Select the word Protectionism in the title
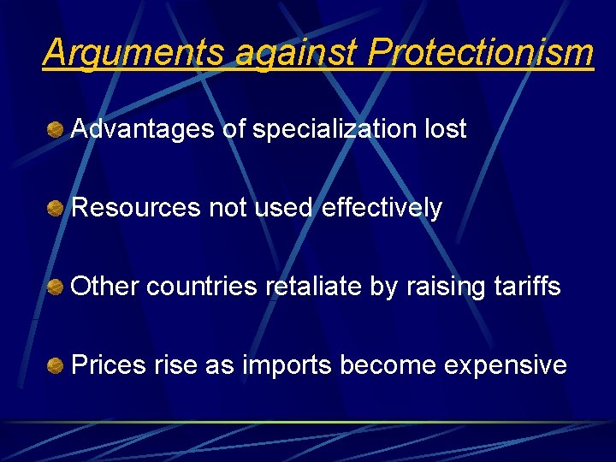click(x=480, y=53)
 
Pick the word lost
click(x=446, y=129)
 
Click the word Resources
click(x=136, y=208)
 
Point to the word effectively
click(x=382, y=208)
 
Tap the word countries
click(x=202, y=287)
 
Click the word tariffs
click(x=528, y=287)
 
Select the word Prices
click(x=109, y=365)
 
